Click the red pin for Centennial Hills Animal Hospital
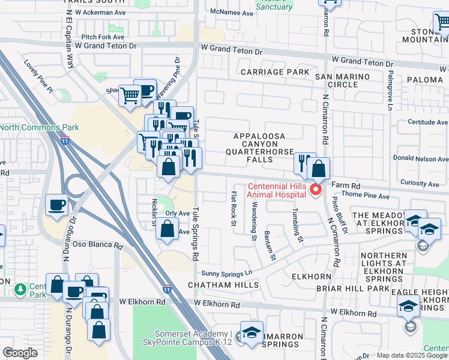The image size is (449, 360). coord(315,189)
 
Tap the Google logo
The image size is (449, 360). coord(20,353)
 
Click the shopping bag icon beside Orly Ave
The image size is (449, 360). coord(169,229)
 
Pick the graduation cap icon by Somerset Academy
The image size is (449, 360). coord(252,334)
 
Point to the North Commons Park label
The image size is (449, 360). coord(31,127)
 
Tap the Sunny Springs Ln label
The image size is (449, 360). coord(226,272)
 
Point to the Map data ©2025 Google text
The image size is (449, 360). coord(412,355)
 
